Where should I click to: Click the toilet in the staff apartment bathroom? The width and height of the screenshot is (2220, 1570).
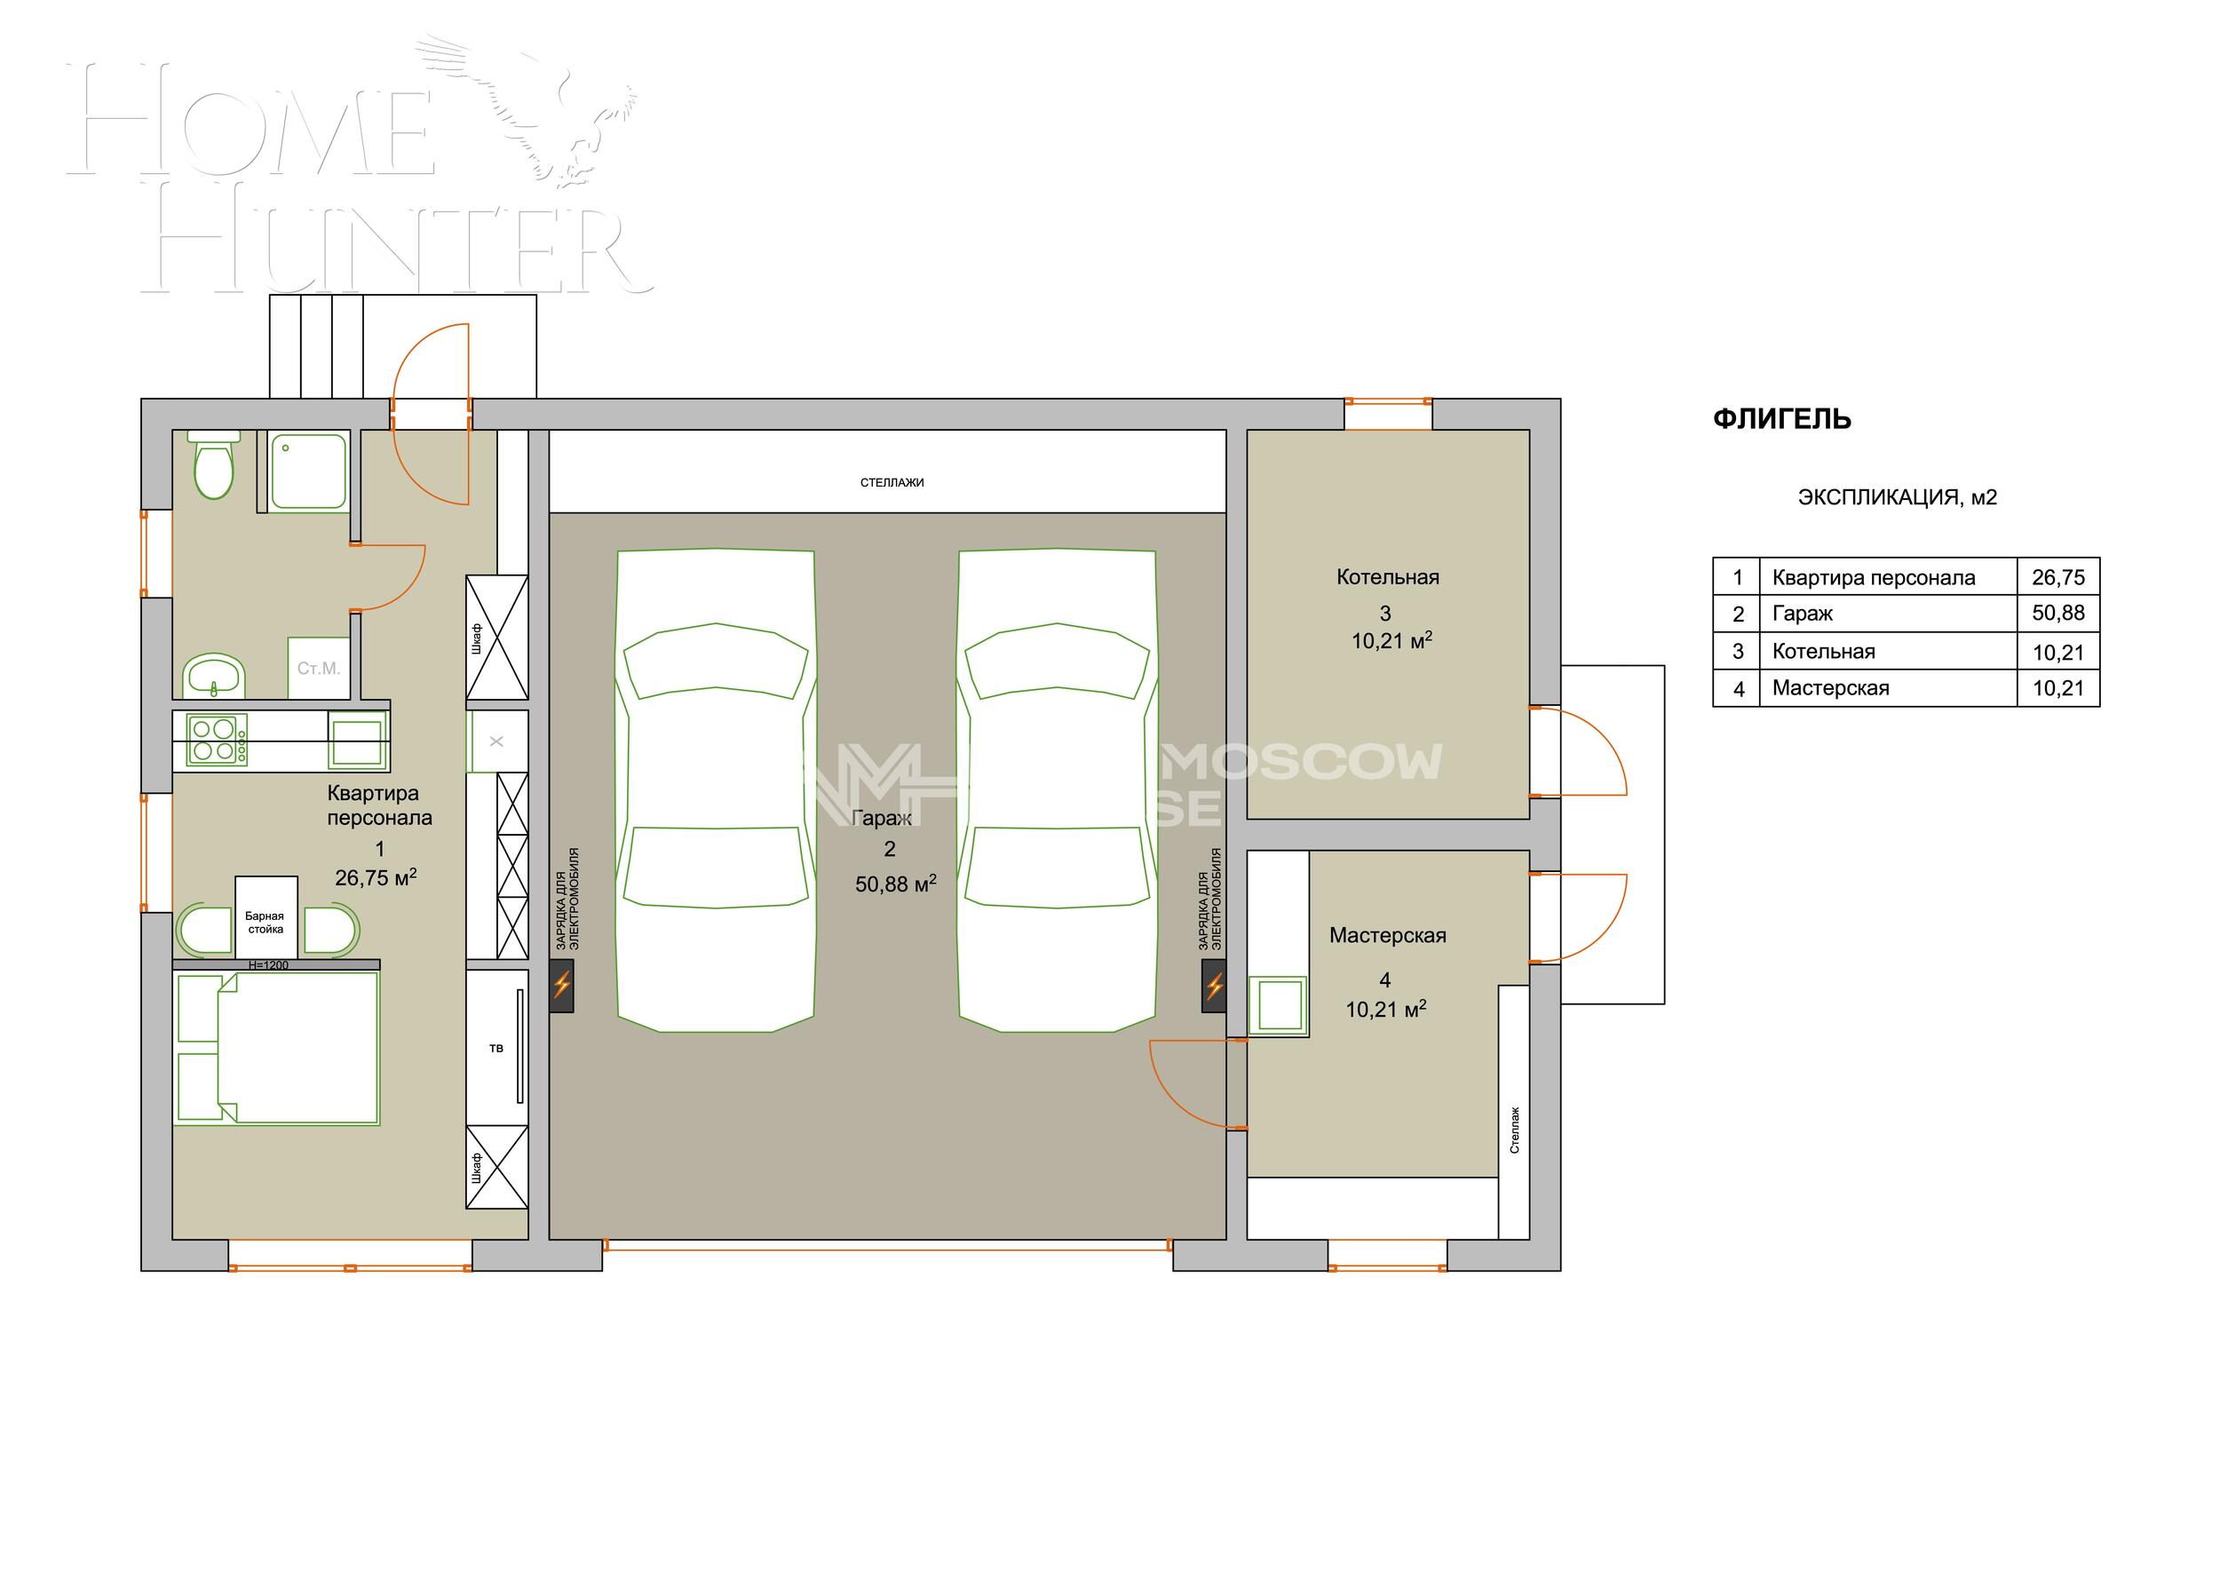point(214,469)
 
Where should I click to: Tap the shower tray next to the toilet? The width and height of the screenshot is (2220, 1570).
point(308,471)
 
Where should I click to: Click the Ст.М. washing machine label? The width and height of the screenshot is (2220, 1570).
point(318,668)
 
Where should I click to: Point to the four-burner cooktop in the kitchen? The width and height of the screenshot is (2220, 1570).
point(217,740)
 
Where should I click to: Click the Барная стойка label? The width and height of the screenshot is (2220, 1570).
point(265,923)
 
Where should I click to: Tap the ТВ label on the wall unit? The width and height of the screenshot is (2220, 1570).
point(496,1048)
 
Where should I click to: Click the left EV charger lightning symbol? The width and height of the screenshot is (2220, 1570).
point(562,986)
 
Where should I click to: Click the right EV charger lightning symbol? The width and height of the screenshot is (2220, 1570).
point(1215,986)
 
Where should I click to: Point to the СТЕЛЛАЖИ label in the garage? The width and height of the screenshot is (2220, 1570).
point(892,482)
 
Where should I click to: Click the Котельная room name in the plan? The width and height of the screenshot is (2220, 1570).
point(1387,577)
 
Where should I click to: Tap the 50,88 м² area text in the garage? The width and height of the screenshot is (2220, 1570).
point(895,884)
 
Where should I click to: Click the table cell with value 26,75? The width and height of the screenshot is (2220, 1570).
point(2057,577)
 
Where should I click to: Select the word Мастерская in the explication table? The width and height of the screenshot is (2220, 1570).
point(1830,688)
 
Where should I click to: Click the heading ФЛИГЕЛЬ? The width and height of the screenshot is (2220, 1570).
point(1782,418)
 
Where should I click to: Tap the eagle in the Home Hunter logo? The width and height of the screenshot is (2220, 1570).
point(542,107)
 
